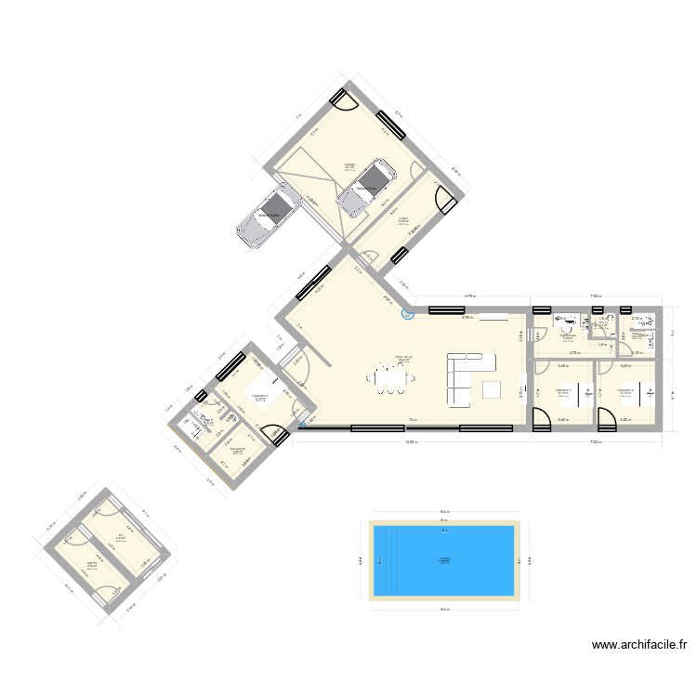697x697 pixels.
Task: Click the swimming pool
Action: pyautogui.click(x=444, y=560)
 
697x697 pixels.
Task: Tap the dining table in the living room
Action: pyautogui.click(x=389, y=377)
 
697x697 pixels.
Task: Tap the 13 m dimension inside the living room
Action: pyautogui.click(x=410, y=420)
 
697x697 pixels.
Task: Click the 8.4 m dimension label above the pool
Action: pyautogui.click(x=444, y=512)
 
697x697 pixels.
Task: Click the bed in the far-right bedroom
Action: pyautogui.click(x=640, y=394)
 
